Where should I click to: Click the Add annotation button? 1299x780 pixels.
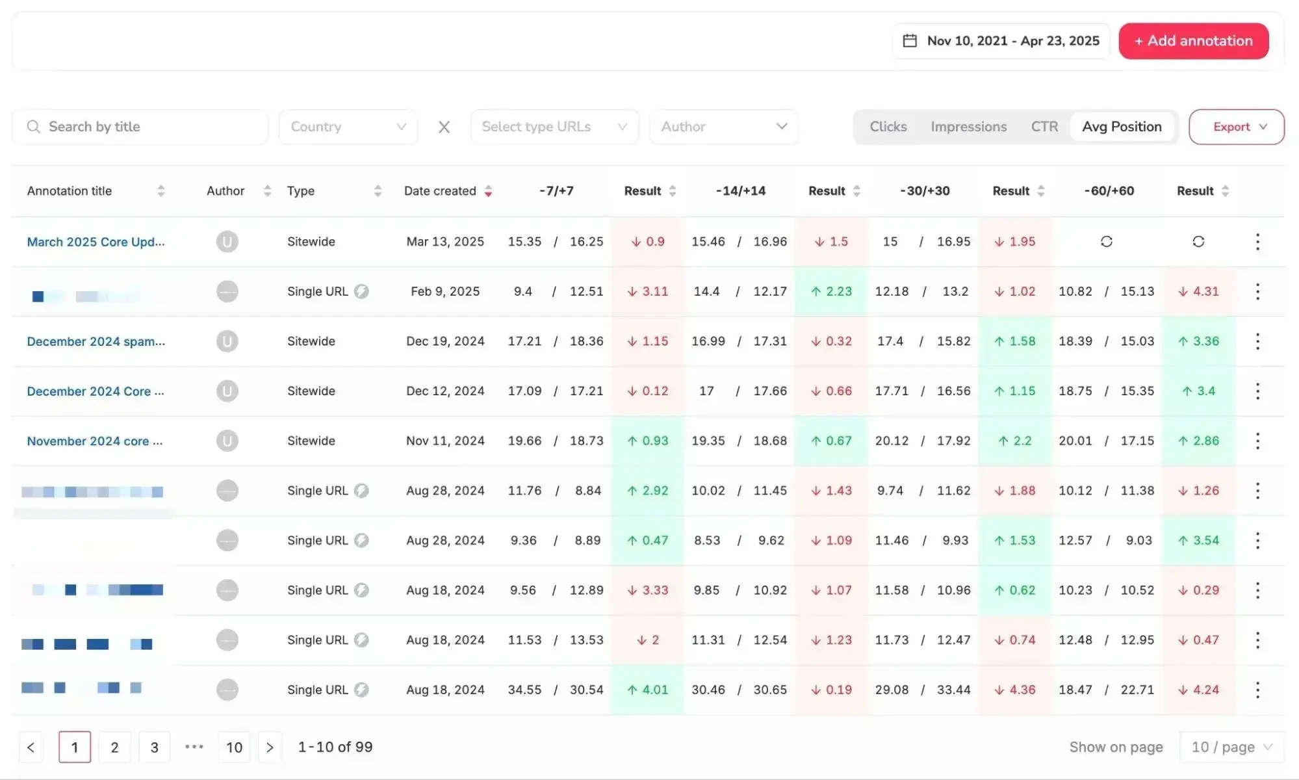(x=1193, y=41)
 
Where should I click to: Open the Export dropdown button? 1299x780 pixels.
(x=1236, y=127)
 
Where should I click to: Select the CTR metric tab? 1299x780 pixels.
(x=1044, y=127)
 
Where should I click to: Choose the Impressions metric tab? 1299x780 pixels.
(x=968, y=127)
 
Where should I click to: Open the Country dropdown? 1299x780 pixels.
(x=348, y=127)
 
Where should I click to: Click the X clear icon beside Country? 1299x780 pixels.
(x=444, y=127)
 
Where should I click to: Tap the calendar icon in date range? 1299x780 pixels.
(x=910, y=41)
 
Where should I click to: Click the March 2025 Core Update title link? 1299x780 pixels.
(x=96, y=242)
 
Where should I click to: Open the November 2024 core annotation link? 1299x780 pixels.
(x=95, y=441)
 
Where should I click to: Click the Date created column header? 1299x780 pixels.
(x=440, y=191)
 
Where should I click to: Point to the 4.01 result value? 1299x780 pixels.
(x=648, y=690)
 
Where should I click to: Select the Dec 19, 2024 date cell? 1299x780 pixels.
(x=445, y=341)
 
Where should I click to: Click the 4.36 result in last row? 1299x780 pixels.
(x=1015, y=690)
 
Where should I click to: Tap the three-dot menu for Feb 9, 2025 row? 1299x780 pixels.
(x=1257, y=292)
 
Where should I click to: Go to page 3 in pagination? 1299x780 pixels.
(x=154, y=747)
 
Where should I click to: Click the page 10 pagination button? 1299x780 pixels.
(x=234, y=747)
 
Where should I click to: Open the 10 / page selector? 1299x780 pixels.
(x=1231, y=747)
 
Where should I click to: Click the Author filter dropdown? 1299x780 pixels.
(x=723, y=127)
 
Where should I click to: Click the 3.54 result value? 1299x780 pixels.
(x=1199, y=541)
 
